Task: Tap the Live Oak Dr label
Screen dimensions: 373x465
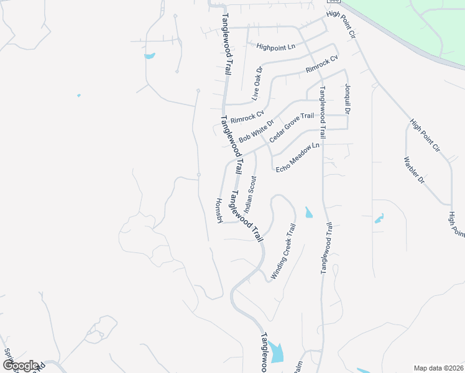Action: click(258, 83)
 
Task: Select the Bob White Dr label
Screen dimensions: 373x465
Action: click(256, 129)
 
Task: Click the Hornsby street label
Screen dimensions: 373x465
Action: click(219, 211)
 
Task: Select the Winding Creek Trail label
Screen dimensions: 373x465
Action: click(282, 255)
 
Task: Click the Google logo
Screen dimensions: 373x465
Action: click(21, 366)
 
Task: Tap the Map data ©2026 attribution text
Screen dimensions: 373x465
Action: click(438, 367)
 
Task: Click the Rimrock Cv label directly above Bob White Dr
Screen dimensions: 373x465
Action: click(247, 116)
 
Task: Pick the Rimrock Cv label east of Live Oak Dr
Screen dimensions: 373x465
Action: click(321, 65)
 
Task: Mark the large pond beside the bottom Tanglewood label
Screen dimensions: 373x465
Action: click(276, 352)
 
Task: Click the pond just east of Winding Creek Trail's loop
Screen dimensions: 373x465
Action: click(309, 213)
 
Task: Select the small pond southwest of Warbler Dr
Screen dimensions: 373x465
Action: click(379, 218)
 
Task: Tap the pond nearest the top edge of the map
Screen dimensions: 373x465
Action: click(149, 57)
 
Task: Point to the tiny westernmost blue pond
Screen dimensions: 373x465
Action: click(78, 95)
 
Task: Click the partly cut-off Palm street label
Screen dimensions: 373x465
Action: click(298, 368)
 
